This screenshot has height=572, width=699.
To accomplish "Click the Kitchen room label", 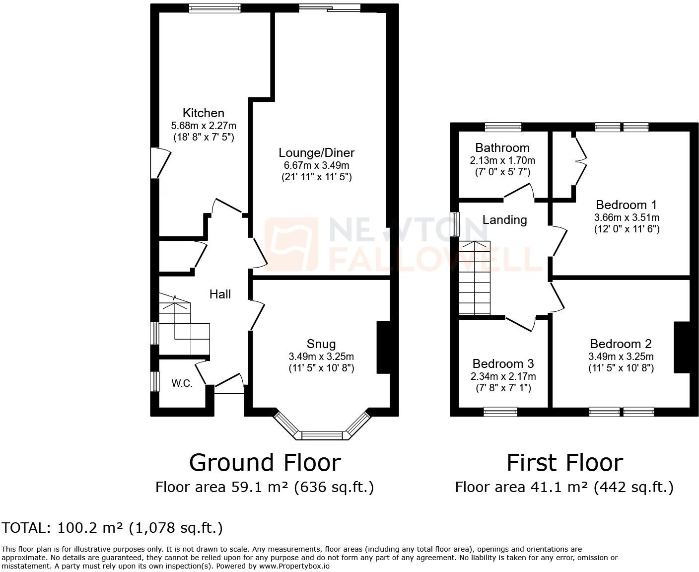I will tap(203, 113).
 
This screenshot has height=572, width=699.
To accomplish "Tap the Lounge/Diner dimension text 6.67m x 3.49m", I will tap(316, 165).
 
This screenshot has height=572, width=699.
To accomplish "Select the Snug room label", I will tap(321, 344).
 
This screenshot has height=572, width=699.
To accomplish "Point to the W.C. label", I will tap(182, 383).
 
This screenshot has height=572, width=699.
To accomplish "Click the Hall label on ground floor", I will tap(220, 294).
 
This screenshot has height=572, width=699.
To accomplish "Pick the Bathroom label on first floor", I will tap(502, 147).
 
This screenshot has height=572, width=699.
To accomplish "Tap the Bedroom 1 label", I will tap(626, 205).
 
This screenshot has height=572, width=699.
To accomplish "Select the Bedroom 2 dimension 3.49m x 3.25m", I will tap(621, 357).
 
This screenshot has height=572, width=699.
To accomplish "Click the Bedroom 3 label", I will tap(503, 363).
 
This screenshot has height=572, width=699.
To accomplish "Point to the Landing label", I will tap(504, 219).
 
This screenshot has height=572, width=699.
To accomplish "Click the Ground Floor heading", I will tap(265, 462).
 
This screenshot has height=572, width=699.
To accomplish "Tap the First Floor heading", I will tap(564, 462).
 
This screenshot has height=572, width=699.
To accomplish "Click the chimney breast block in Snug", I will tap(383, 347).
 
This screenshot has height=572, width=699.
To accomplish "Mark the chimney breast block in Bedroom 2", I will tap(681, 347).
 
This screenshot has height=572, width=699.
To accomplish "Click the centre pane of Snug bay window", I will tap(322, 435).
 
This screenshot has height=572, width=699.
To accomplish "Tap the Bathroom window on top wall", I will tap(503, 127).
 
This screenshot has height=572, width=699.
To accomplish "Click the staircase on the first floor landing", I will tap(474, 278).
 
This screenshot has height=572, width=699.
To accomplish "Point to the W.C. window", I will tap(155, 381).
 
